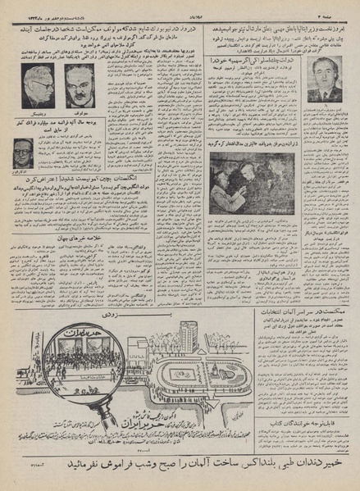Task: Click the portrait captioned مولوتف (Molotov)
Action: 80,84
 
